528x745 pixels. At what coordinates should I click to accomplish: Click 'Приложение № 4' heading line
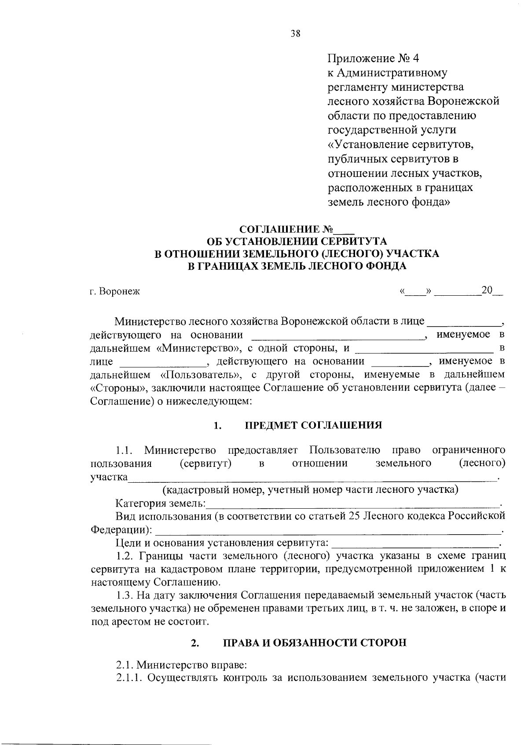(x=374, y=59)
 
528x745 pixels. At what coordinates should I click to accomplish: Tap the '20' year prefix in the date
(x=487, y=290)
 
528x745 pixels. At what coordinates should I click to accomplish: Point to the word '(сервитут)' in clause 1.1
(x=206, y=463)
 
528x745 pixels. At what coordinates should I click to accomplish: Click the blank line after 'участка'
(x=312, y=478)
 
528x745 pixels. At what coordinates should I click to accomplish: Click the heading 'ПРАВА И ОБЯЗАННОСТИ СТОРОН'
(x=315, y=642)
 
